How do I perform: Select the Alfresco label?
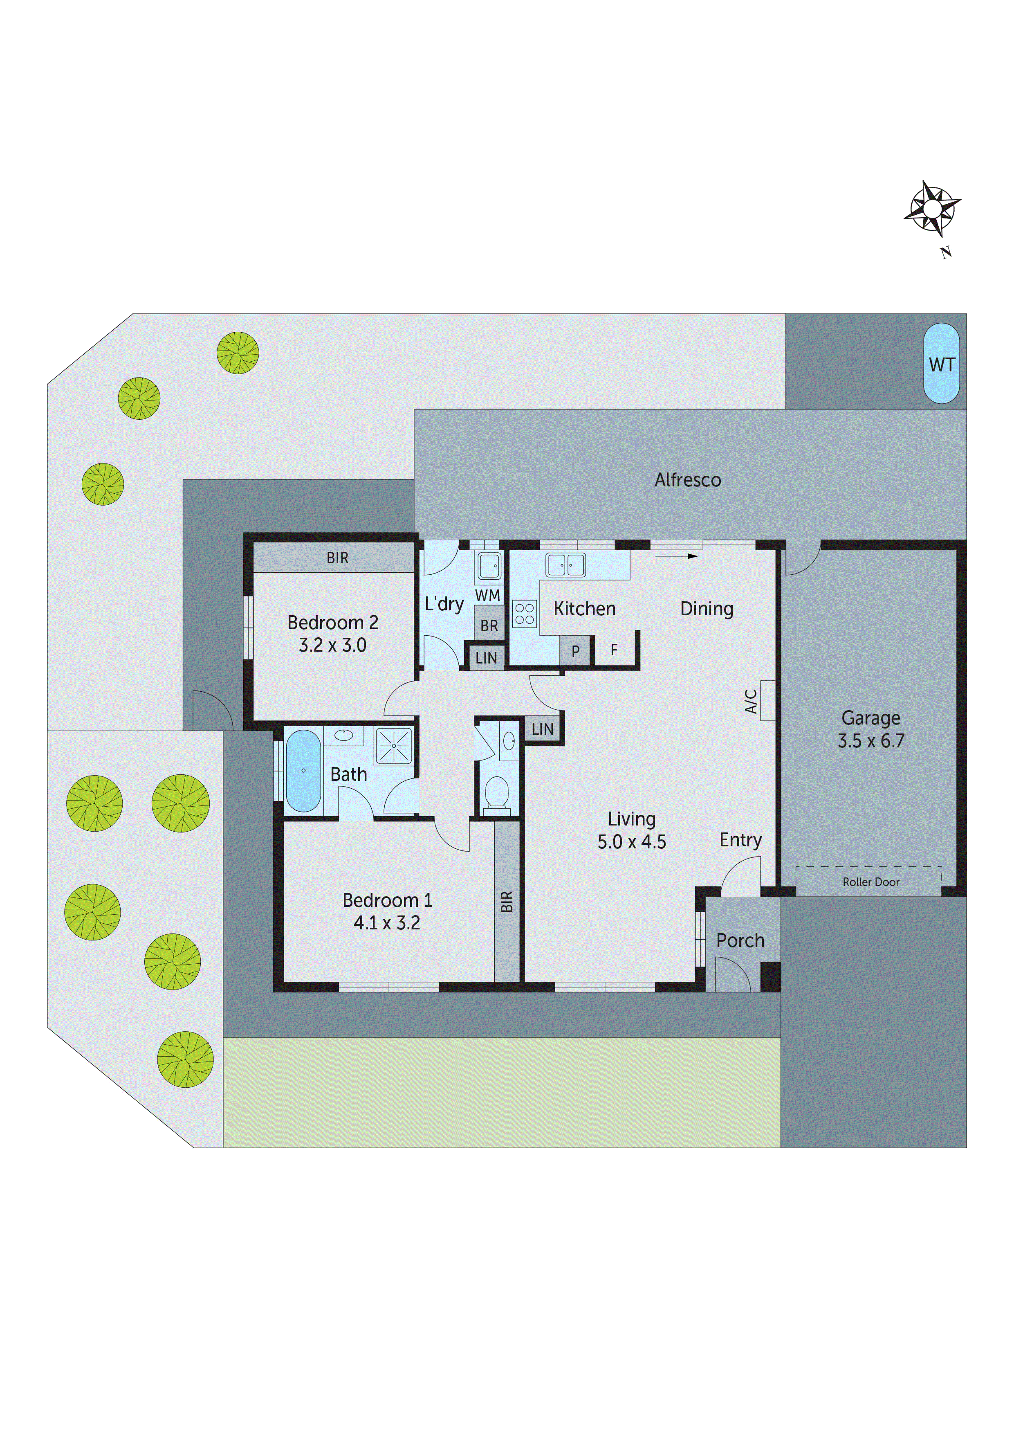[687, 480]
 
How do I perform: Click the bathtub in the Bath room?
[303, 771]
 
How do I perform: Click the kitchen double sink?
[565, 565]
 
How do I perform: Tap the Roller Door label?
[870, 882]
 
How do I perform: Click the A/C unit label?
[751, 701]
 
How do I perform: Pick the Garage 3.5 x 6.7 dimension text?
[871, 741]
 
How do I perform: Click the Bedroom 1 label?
[387, 900]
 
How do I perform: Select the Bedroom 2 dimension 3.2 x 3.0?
[332, 646]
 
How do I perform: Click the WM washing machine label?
[487, 596]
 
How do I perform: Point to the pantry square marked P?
[575, 651]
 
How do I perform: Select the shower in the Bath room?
[394, 746]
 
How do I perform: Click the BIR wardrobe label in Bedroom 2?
[337, 558]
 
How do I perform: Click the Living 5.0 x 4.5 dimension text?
[632, 842]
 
